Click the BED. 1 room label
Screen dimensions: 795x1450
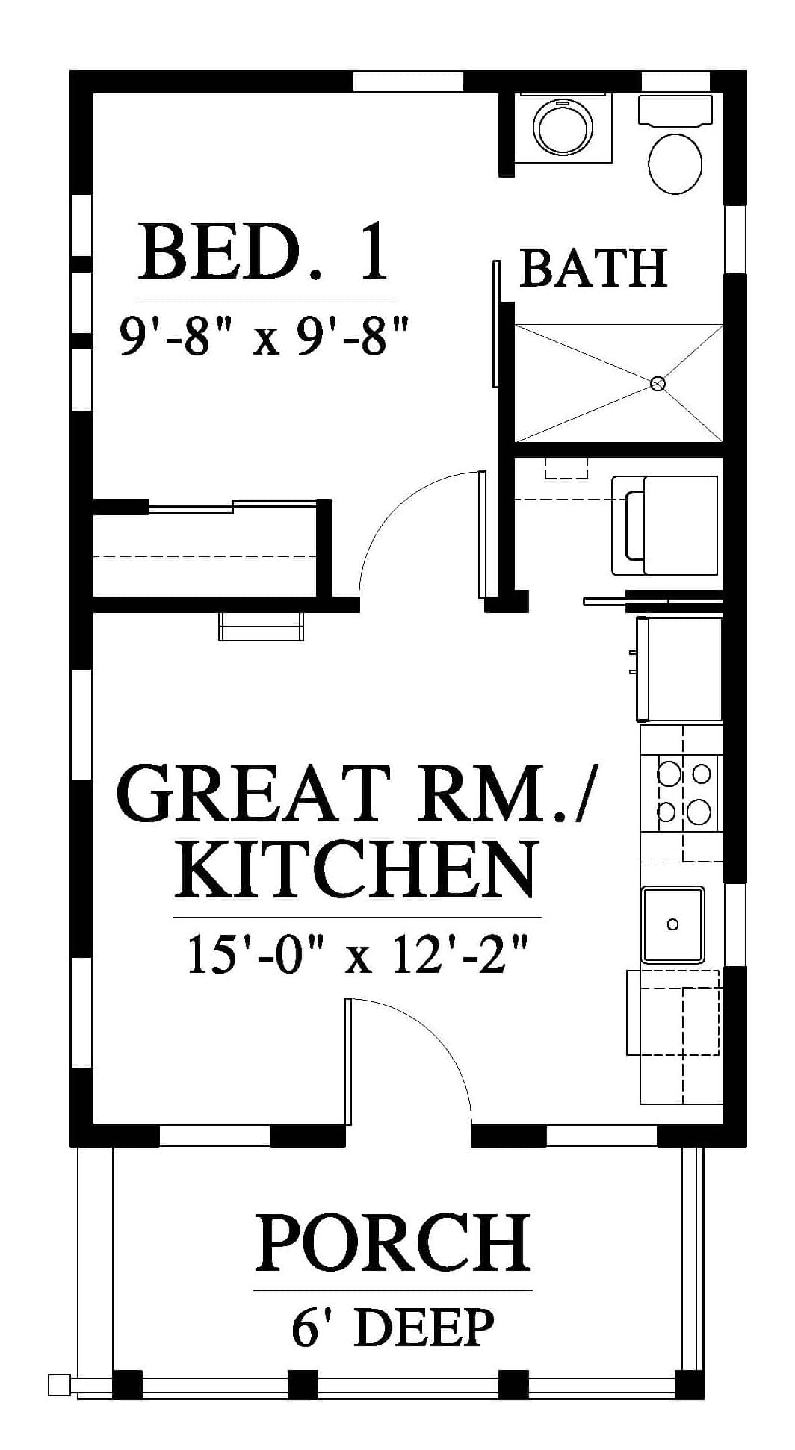tap(265, 254)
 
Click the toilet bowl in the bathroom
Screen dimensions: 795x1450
tap(675, 164)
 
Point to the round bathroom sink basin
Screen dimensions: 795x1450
tap(562, 128)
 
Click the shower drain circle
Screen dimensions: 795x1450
tap(658, 384)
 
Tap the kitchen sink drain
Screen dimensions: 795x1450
tap(672, 924)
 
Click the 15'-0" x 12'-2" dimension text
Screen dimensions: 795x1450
tap(357, 954)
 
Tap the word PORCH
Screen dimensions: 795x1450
tap(392, 1243)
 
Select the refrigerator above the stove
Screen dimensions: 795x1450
tap(679, 669)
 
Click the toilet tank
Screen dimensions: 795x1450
tap(675, 110)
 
